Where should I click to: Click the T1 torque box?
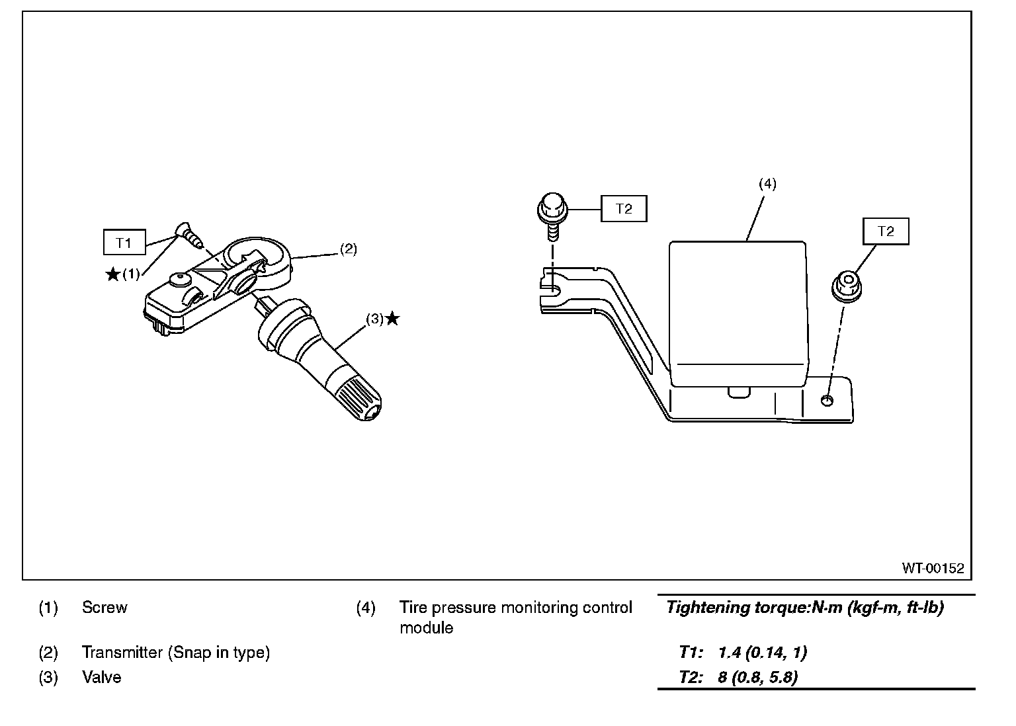(124, 243)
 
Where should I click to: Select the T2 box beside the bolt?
(624, 209)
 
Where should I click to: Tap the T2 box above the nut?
(886, 231)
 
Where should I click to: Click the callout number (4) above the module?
(767, 184)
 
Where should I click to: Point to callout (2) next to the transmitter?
(349, 249)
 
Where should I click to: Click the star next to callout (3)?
(392, 319)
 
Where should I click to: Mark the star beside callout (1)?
(113, 274)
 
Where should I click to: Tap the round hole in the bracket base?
(827, 401)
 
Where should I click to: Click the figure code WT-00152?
(933, 568)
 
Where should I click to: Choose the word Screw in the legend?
(105, 608)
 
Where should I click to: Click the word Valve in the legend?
(102, 677)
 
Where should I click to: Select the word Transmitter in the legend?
(122, 653)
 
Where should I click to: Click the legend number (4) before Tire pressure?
(366, 608)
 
